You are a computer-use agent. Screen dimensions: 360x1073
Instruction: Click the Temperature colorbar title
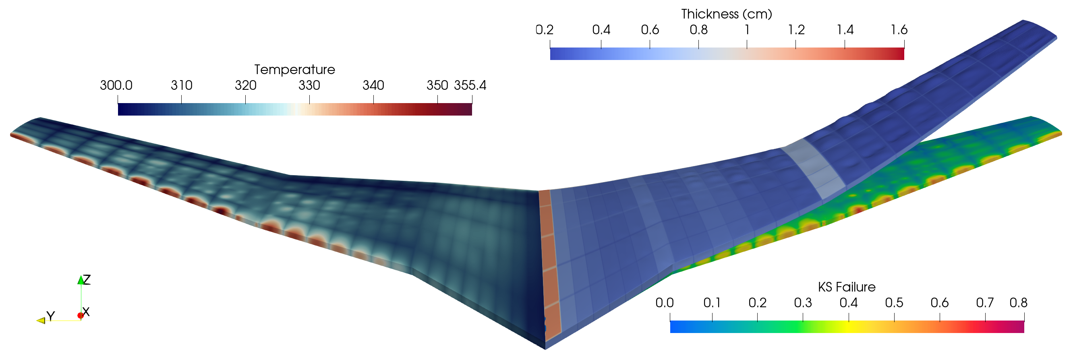pos(294,70)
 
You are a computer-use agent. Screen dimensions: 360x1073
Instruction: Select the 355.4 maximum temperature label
pos(470,85)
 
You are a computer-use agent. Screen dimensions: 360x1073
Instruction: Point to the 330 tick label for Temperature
pos(309,85)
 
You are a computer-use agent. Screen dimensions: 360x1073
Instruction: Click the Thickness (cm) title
pos(727,14)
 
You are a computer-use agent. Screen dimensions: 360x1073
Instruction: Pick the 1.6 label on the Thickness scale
pos(899,30)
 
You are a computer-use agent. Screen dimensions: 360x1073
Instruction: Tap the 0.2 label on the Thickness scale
pos(544,30)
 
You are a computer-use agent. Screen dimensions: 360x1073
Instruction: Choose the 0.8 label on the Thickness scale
pos(698,30)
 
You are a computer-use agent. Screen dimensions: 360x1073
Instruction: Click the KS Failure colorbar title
pos(846,287)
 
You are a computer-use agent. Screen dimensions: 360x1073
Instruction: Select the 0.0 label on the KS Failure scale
pos(664,303)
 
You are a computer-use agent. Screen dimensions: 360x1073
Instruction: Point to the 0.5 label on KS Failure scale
pos(894,303)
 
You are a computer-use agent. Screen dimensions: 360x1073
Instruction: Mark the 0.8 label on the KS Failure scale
pos(1018,303)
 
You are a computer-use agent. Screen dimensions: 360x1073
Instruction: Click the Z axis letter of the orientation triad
pos(87,279)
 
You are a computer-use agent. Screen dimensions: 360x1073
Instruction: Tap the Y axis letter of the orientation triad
pos(51,316)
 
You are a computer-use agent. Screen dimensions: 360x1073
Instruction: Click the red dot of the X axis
pos(81,315)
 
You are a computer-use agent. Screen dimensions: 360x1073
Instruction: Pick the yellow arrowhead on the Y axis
pos(41,321)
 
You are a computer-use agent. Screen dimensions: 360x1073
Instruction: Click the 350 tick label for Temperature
pos(437,85)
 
